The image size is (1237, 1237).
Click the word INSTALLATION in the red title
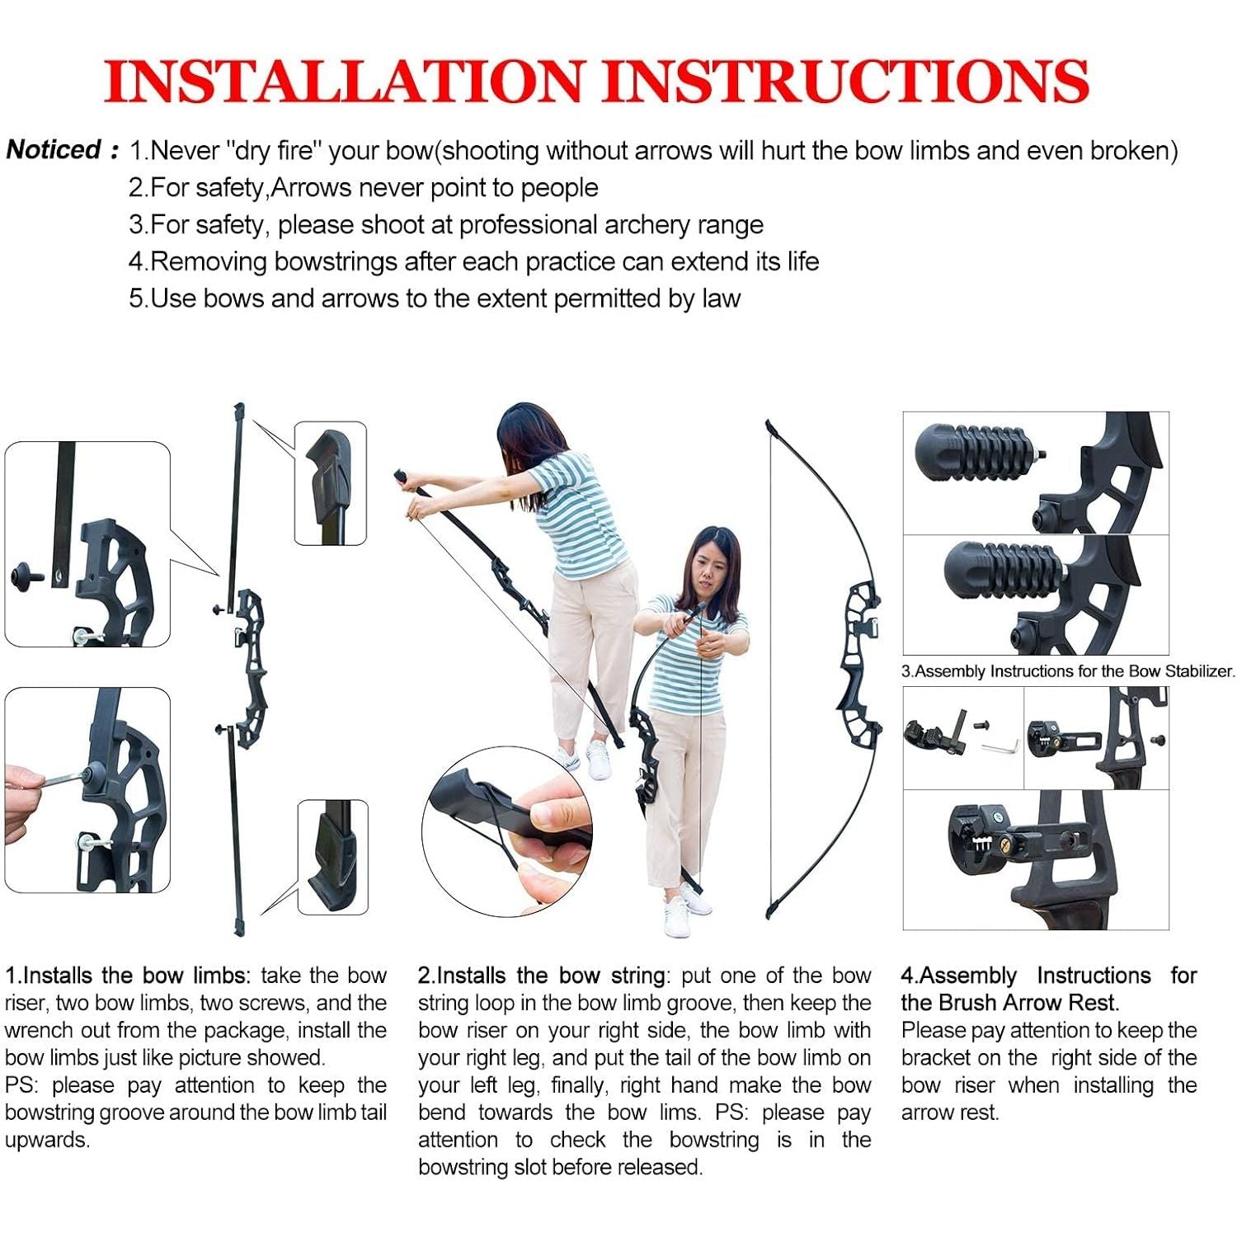[345, 81]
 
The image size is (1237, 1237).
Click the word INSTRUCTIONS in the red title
[845, 81]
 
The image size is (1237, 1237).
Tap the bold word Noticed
[54, 149]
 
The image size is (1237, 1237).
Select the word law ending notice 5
[722, 298]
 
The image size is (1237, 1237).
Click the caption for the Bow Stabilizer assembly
[1068, 671]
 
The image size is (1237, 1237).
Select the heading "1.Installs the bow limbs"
[126, 976]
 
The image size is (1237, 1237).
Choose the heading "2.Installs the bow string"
[542, 976]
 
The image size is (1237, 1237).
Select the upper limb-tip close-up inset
[331, 483]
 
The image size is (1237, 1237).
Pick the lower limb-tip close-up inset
[332, 857]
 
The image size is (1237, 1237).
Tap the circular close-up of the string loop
[507, 832]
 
